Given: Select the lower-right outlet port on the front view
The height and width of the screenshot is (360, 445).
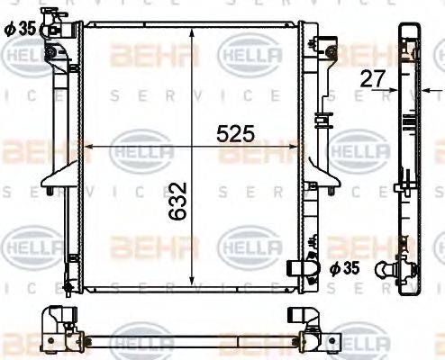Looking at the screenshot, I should click(x=301, y=268).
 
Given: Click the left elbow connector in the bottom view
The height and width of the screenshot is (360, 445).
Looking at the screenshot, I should click(x=58, y=320).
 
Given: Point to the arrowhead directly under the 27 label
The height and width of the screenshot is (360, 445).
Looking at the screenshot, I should click(x=394, y=90).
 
